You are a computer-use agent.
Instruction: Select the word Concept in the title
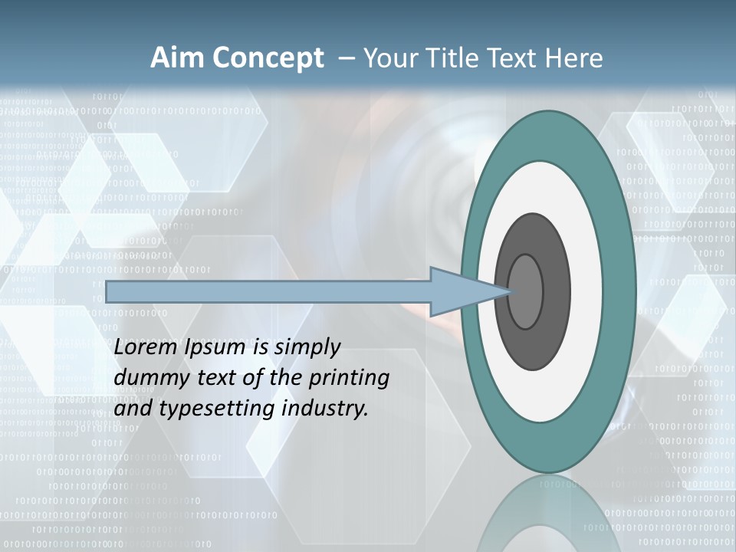point(269,58)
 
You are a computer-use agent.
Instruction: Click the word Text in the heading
point(514,58)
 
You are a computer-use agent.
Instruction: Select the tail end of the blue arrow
point(110,291)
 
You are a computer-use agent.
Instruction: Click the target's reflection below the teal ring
point(549,514)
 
